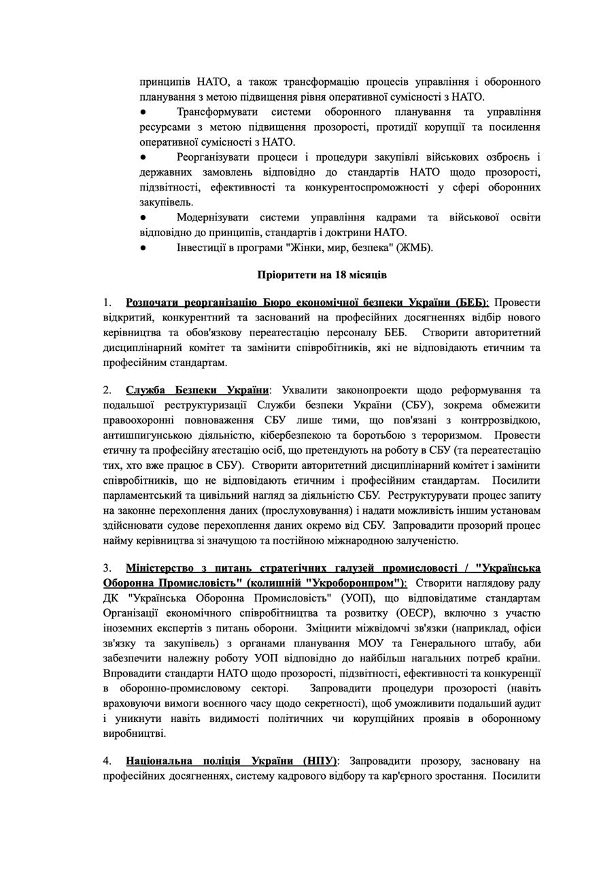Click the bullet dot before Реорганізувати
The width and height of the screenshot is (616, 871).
[x=143, y=157]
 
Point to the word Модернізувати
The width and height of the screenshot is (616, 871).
[x=216, y=218]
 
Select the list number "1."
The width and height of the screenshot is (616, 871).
[x=107, y=302]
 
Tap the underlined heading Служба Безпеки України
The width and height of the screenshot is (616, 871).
[x=197, y=391]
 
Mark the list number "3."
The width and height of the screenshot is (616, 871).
[x=107, y=568]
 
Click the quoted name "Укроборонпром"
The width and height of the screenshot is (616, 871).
[x=350, y=583]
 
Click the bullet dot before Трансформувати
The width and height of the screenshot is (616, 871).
[x=143, y=112]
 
